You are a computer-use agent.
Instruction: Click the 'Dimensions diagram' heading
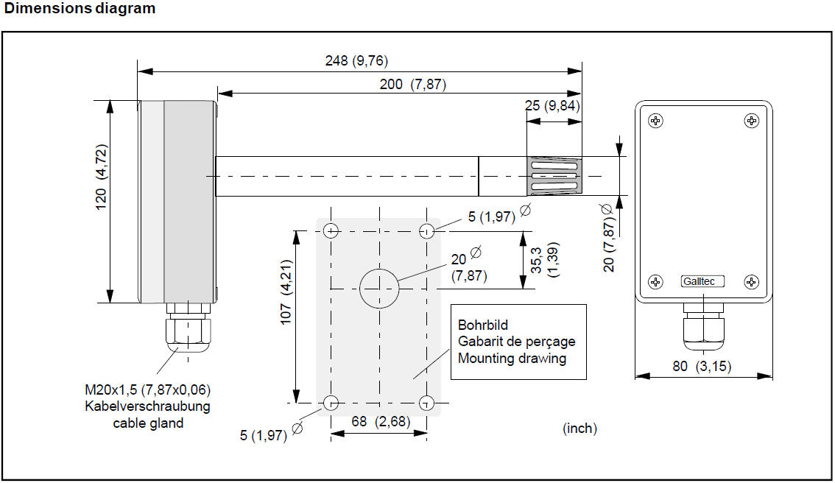80,9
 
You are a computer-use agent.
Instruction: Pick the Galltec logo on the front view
702,281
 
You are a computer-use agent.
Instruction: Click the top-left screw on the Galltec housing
655,121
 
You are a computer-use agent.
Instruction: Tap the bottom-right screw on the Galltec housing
751,281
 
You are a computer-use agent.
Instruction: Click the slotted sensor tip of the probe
554,176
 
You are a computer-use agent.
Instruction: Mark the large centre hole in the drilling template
379,289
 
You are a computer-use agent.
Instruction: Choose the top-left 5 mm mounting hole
331,231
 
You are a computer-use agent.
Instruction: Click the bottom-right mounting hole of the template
426,403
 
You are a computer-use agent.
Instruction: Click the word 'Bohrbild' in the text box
483,325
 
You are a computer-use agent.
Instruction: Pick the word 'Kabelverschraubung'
147,406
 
